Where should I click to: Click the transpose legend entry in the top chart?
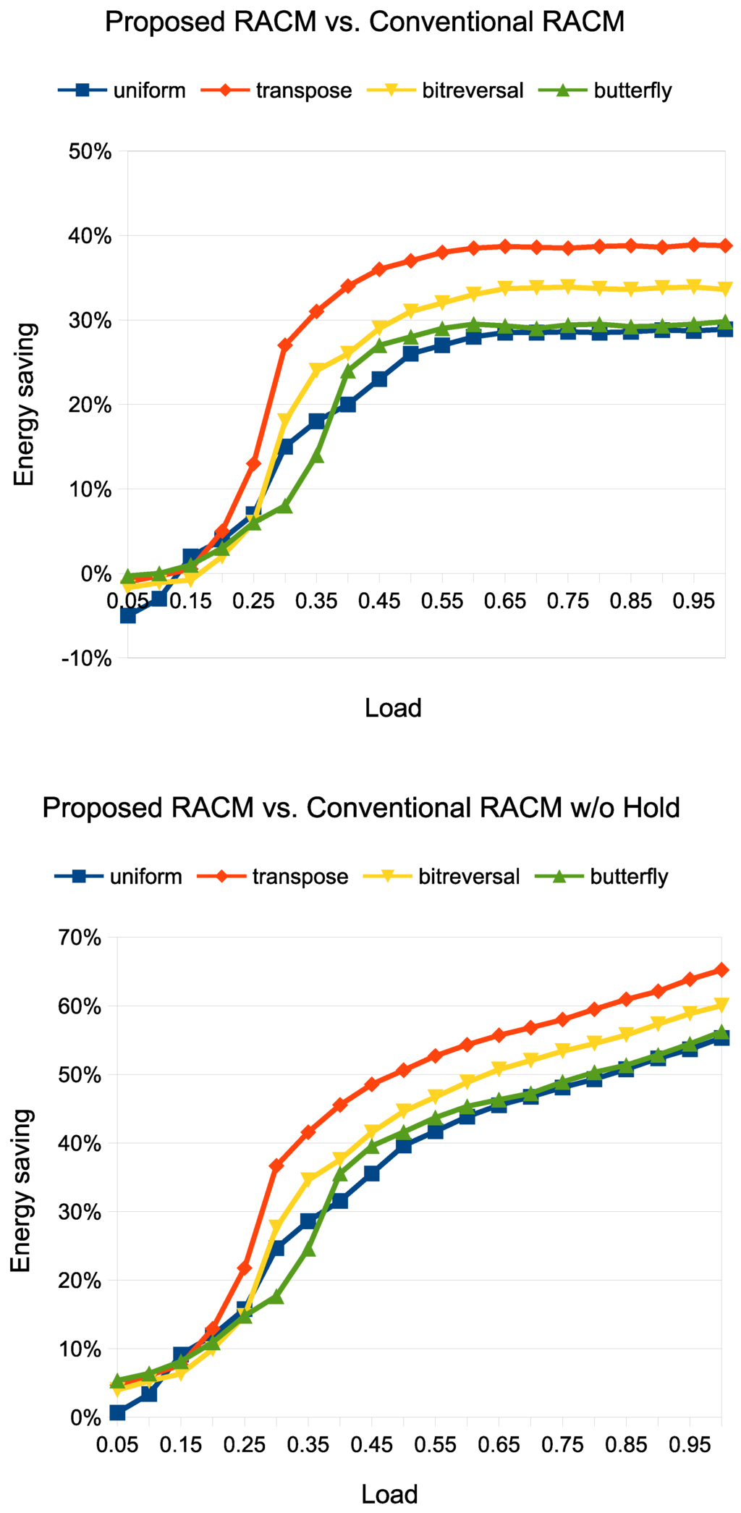tap(303, 90)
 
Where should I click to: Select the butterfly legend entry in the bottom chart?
tap(629, 877)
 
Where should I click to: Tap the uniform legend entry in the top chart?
tap(149, 90)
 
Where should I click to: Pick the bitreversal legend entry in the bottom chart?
tap(469, 877)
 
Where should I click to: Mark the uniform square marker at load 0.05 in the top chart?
tap(128, 615)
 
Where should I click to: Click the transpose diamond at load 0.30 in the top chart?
tap(285, 345)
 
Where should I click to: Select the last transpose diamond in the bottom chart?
tap(721, 970)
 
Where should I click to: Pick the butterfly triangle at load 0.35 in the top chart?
tap(316, 456)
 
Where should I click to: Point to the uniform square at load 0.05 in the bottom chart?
tap(117, 1413)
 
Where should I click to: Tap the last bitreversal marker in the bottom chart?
tap(721, 1006)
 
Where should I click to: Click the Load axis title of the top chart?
tap(393, 707)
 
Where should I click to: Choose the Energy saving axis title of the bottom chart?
tap(22, 1190)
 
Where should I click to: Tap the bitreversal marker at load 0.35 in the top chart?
tap(316, 371)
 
